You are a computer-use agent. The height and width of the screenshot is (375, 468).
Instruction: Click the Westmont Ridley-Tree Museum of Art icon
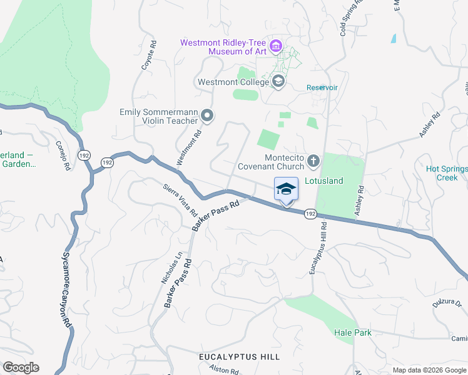pyautogui.click(x=275, y=46)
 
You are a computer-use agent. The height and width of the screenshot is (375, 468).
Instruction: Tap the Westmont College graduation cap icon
pyautogui.click(x=278, y=81)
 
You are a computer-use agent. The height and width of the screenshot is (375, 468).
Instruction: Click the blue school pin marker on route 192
pyautogui.click(x=286, y=189)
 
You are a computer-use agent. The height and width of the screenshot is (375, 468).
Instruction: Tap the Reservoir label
pyautogui.click(x=322, y=87)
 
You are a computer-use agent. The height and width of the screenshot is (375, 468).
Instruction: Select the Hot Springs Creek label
pyautogui.click(x=446, y=173)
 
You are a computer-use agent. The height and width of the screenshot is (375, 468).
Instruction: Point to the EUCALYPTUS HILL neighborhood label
pyautogui.click(x=239, y=356)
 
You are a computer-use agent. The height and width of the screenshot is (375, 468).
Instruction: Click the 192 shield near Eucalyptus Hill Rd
pyautogui.click(x=311, y=214)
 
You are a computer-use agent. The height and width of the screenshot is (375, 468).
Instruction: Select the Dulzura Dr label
pyautogui.click(x=446, y=302)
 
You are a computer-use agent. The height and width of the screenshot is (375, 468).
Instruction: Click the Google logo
pyautogui.click(x=21, y=367)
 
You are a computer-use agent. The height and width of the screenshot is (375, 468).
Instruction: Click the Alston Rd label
pyautogui.click(x=224, y=371)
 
